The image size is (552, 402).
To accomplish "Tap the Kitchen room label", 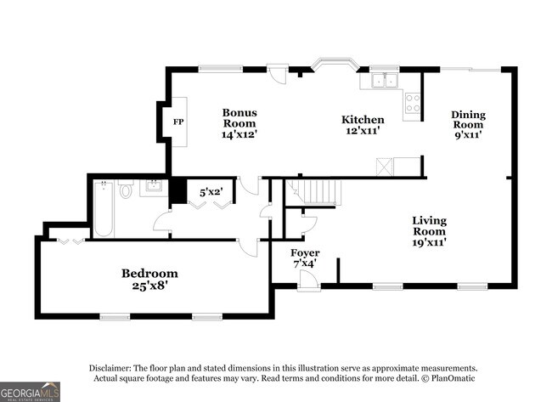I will (x=363, y=120).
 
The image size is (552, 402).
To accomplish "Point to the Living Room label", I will (x=429, y=226).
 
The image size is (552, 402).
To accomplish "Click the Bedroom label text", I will (x=149, y=273).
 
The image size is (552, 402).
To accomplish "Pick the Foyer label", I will (x=305, y=253).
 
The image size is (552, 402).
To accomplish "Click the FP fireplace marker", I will (x=178, y=122).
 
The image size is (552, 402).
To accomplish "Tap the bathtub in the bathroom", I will (x=104, y=210).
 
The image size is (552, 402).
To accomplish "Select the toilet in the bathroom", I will (x=127, y=190).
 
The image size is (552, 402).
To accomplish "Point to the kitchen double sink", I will (x=385, y=82).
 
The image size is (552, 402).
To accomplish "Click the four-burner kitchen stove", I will (x=413, y=103).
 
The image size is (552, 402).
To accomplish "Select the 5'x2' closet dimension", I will (x=211, y=191).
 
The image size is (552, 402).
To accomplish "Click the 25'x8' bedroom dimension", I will (x=149, y=286).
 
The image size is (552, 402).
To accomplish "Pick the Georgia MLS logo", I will (x=31, y=391).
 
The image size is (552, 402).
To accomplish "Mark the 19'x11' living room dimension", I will (x=429, y=242).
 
